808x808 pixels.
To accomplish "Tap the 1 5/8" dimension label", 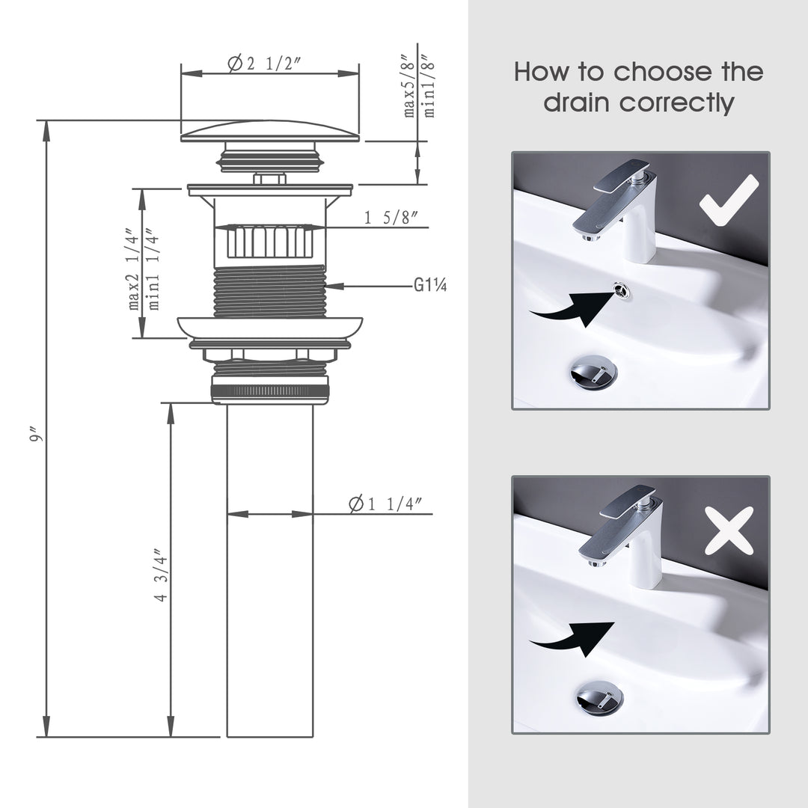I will click(391, 218).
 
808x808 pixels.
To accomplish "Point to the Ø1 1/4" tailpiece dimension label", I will click(390, 504).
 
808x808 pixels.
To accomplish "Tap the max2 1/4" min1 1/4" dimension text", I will click(144, 268).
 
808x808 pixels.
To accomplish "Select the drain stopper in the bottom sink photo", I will click(599, 697).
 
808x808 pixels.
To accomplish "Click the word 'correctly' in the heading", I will click(638, 102).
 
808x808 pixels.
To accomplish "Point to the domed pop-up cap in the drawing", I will click(270, 132).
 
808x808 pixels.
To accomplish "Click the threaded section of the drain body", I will click(270, 290).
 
